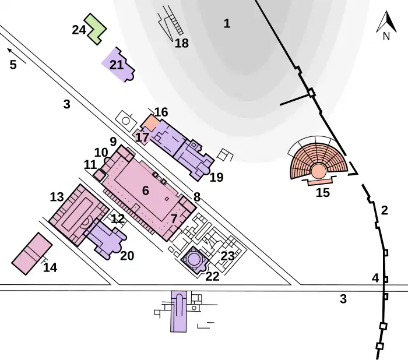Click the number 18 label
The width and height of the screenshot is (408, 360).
(182, 43)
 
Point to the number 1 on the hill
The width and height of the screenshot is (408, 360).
(227, 24)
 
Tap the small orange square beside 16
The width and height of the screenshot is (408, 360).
(150, 123)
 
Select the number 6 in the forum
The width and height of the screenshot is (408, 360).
(146, 190)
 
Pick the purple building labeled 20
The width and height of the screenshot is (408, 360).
(104, 238)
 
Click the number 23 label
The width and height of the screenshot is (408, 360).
(227, 255)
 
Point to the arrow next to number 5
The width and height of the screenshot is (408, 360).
(10, 51)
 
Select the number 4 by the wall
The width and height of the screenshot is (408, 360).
(375, 278)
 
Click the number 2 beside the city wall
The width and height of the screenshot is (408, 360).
(384, 210)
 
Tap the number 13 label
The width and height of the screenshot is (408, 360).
(57, 197)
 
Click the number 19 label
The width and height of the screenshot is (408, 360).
(216, 178)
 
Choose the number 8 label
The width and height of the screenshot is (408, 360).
(197, 197)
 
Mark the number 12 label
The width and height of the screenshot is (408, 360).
(118, 219)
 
